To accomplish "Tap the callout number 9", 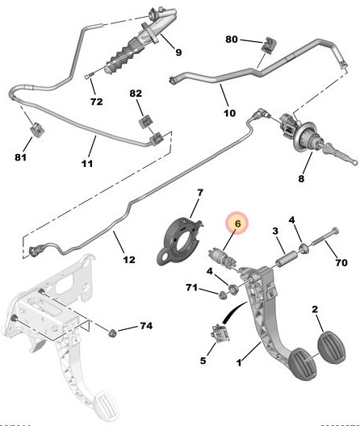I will [x=178, y=54].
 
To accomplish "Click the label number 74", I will [x=145, y=326].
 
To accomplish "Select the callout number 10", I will [x=229, y=113].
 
